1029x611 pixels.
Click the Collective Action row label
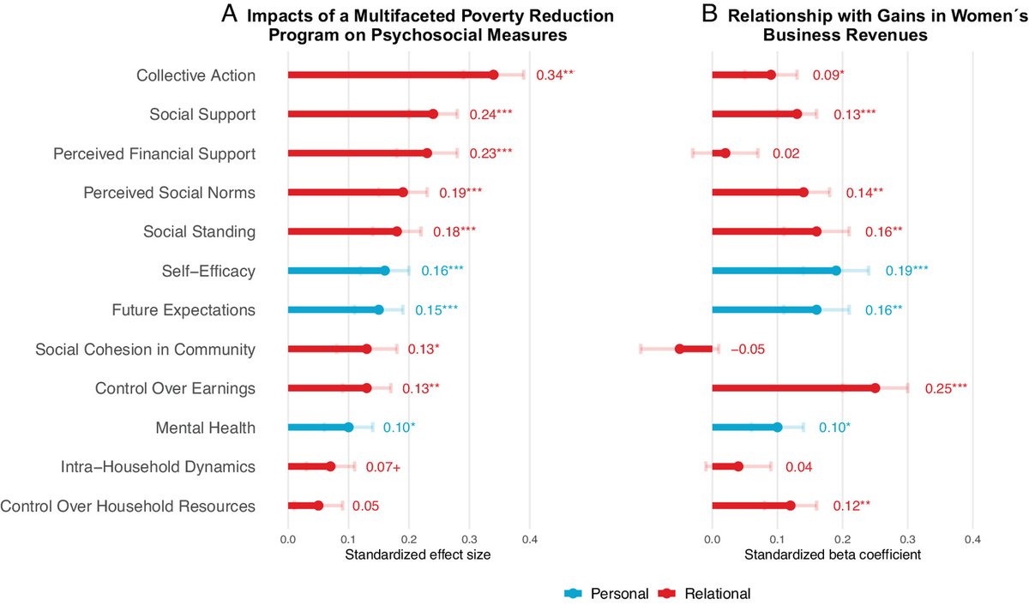tap(196, 75)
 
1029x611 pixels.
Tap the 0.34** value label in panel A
tap(555, 75)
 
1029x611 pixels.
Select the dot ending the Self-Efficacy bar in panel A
tap(384, 271)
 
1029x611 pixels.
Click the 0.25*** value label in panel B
tap(946, 388)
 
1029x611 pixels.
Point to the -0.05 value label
tap(748, 350)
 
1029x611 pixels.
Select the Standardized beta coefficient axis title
tap(832, 554)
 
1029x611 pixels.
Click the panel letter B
tap(711, 15)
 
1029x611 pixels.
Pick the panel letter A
tap(229, 15)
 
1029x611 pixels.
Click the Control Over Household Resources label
tap(128, 506)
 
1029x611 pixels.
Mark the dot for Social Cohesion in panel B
tap(679, 349)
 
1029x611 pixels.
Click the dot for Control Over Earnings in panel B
tap(876, 388)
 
